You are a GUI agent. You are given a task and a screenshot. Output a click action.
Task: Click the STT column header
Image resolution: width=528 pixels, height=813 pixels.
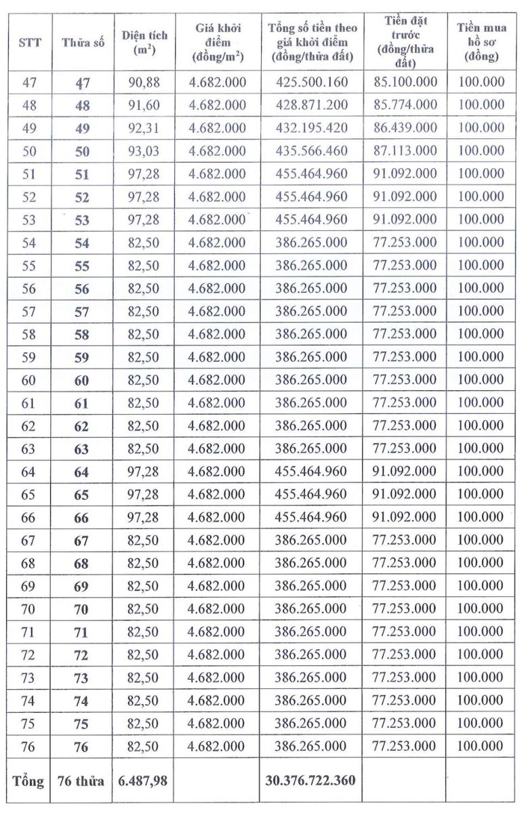(x=29, y=42)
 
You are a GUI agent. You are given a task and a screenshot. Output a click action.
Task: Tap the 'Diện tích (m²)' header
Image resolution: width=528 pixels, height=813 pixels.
(x=143, y=42)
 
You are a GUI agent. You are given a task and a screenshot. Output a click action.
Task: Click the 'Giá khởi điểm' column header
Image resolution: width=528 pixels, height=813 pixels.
(x=217, y=42)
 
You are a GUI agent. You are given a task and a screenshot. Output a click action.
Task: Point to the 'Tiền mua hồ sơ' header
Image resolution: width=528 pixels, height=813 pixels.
(x=481, y=42)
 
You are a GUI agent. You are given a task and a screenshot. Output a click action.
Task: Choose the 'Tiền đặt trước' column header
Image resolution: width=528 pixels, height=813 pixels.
(x=405, y=42)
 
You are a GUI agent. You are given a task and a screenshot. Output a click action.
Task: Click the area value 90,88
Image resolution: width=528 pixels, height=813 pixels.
(x=143, y=82)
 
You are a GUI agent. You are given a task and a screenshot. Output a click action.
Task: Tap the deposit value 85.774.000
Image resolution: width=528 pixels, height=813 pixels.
(x=405, y=104)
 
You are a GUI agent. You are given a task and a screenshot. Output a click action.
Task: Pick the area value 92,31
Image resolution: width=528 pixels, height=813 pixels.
(x=143, y=127)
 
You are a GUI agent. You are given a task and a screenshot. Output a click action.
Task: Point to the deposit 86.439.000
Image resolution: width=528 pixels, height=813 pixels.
(x=405, y=127)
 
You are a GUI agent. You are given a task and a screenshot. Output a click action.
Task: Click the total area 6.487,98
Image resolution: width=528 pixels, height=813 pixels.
(x=143, y=780)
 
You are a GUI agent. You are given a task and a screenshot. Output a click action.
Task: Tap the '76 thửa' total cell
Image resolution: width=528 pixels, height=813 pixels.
(x=81, y=780)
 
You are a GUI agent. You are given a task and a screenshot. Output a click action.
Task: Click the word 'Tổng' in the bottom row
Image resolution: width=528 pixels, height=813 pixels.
(x=28, y=780)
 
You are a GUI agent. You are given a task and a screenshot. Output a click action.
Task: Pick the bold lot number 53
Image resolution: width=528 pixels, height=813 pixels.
(x=81, y=219)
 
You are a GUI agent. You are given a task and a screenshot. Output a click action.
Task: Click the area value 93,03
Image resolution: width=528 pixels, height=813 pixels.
(x=143, y=150)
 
